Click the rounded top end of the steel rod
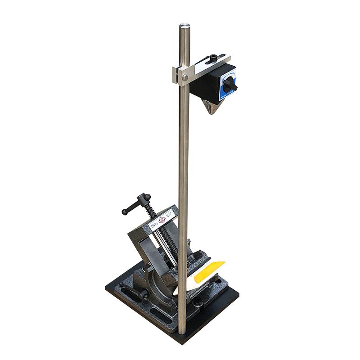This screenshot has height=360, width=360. point(184,26)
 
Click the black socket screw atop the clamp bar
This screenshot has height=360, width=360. point(213,58)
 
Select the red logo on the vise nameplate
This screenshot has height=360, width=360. point(162,220)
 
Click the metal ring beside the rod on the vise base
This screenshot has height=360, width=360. point(197,303)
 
